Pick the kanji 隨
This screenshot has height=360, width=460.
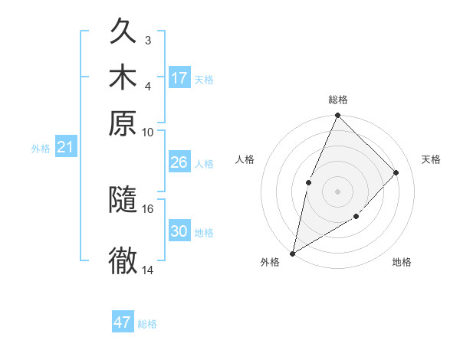123,201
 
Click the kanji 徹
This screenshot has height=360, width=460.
123,260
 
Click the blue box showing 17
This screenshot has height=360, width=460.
179,78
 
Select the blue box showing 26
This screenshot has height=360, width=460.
179,162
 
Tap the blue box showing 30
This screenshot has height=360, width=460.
179,231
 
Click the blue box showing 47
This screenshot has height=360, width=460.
123,322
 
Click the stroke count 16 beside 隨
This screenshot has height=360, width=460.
148,208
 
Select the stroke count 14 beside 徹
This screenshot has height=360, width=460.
148,270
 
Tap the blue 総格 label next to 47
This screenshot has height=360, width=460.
147,324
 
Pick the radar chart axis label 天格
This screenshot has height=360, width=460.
431,159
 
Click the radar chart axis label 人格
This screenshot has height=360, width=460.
245,159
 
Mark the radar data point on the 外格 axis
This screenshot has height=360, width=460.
292,254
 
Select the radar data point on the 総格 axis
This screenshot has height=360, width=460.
337,116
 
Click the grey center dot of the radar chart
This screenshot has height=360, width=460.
337,191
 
